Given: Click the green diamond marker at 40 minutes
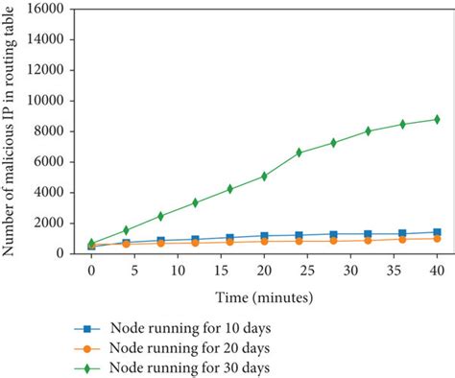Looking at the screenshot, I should click(437, 119).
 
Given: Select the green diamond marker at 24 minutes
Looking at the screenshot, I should click(299, 153).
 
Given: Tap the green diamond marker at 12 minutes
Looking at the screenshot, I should click(195, 202).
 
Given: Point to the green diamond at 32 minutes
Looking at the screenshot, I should click(368, 130).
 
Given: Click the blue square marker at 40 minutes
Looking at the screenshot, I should click(437, 232).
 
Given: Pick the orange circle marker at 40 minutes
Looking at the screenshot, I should click(437, 238).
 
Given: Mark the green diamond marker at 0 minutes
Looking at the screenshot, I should click(91, 243).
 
